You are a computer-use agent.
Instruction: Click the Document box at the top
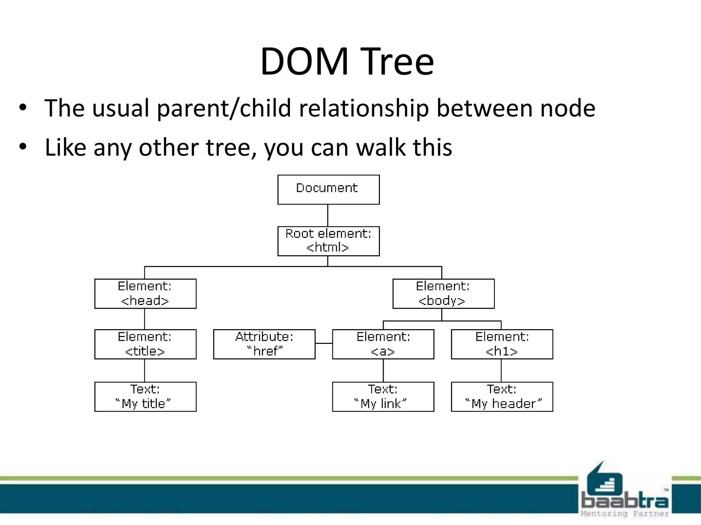click(x=328, y=189)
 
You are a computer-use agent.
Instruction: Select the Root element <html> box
click(x=328, y=241)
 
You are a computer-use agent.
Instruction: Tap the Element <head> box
click(x=145, y=294)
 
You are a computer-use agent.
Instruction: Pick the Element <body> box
click(x=443, y=294)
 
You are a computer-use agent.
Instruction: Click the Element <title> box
click(x=145, y=344)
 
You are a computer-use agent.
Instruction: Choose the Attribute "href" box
click(x=264, y=344)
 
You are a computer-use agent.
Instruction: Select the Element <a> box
click(x=383, y=344)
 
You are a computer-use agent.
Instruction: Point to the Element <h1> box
click(x=502, y=344)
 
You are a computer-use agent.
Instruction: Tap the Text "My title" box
click(x=145, y=396)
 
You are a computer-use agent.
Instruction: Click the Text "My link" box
click(x=383, y=396)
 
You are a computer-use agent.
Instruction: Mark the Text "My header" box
click(x=502, y=396)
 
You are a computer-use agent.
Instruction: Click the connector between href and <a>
click(x=323, y=343)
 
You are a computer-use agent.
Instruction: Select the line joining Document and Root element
click(x=328, y=215)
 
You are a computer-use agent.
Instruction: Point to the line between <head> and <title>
click(x=144, y=319)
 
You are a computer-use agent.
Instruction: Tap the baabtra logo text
click(x=625, y=501)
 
